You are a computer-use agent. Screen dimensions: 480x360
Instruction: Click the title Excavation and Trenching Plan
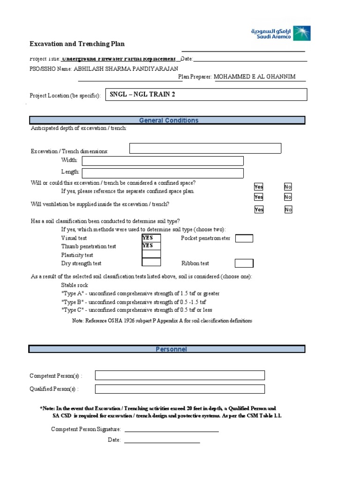click(x=77, y=44)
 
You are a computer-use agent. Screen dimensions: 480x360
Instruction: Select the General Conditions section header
click(x=167, y=120)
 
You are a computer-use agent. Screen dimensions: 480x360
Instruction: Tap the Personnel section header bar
click(x=167, y=349)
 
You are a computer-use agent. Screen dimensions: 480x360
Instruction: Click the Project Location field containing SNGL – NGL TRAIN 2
click(x=206, y=95)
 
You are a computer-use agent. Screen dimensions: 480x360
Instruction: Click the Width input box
click(x=163, y=161)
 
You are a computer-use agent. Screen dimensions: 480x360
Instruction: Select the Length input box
click(x=163, y=173)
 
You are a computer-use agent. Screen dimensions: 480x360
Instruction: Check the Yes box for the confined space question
click(x=259, y=187)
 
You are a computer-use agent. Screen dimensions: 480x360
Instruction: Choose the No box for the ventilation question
click(x=288, y=210)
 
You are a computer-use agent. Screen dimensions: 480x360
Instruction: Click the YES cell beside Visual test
click(x=151, y=238)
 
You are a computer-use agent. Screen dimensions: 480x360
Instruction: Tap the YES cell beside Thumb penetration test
click(x=151, y=246)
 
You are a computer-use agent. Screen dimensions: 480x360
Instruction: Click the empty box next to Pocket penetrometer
click(x=244, y=239)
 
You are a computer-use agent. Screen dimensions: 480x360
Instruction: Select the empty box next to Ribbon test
click(x=244, y=263)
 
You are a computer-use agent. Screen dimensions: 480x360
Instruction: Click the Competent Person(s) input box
click(x=180, y=375)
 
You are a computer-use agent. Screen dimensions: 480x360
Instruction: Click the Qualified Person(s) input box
click(x=180, y=389)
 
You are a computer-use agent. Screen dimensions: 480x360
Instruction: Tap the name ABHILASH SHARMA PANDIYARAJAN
click(x=126, y=68)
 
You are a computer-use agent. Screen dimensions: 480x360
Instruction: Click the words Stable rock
click(x=75, y=285)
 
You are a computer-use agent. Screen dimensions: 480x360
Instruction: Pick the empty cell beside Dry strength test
click(x=151, y=263)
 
